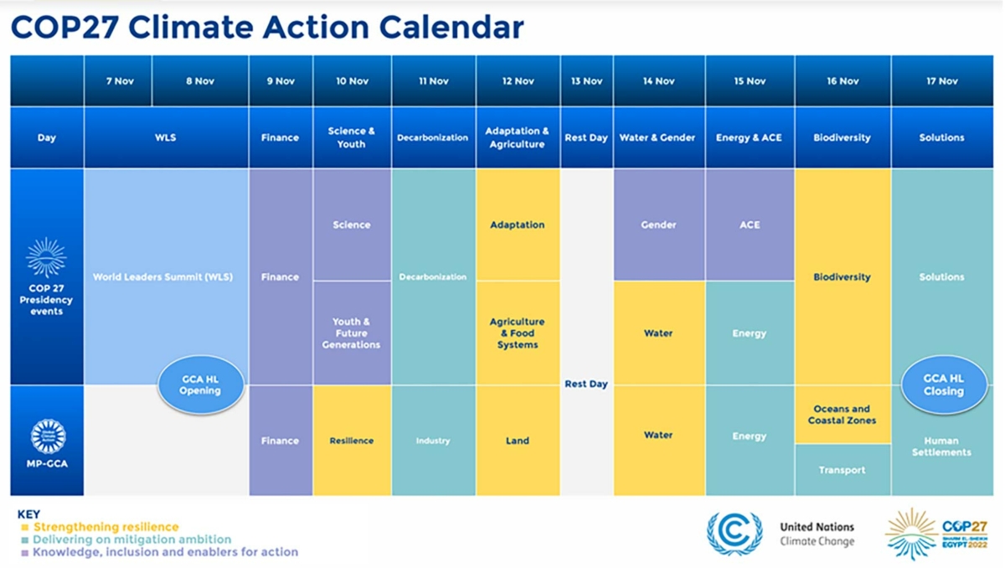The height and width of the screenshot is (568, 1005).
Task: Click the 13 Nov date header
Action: (x=586, y=81)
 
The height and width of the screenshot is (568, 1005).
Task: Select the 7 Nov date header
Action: (x=120, y=81)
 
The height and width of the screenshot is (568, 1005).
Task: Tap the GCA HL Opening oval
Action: (x=200, y=385)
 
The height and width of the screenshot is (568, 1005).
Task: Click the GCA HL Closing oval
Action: (x=943, y=385)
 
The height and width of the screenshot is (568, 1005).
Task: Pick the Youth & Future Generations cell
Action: (x=351, y=333)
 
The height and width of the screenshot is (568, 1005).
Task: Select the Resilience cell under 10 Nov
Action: (x=351, y=441)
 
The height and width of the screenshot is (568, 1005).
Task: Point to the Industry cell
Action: (x=433, y=441)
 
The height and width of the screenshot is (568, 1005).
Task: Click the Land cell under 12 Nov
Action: (x=518, y=441)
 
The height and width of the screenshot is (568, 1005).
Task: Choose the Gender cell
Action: (x=658, y=225)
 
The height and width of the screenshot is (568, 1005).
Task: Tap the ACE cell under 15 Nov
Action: (x=750, y=225)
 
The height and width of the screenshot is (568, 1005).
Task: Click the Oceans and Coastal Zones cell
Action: (x=842, y=415)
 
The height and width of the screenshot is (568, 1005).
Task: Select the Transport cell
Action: (x=842, y=470)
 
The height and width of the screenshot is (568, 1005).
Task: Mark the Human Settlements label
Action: (x=941, y=447)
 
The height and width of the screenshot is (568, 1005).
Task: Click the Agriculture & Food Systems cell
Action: (x=518, y=333)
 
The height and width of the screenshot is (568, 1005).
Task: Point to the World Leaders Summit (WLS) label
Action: (x=162, y=276)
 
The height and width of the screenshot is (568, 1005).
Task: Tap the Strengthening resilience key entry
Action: (x=106, y=527)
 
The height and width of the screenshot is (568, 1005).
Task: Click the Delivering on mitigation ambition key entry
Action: (x=131, y=540)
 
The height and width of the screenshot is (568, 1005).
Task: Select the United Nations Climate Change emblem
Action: (x=734, y=534)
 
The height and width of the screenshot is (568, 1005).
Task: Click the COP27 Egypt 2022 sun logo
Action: (x=911, y=533)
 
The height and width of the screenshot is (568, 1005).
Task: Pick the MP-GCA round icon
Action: (x=47, y=436)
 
